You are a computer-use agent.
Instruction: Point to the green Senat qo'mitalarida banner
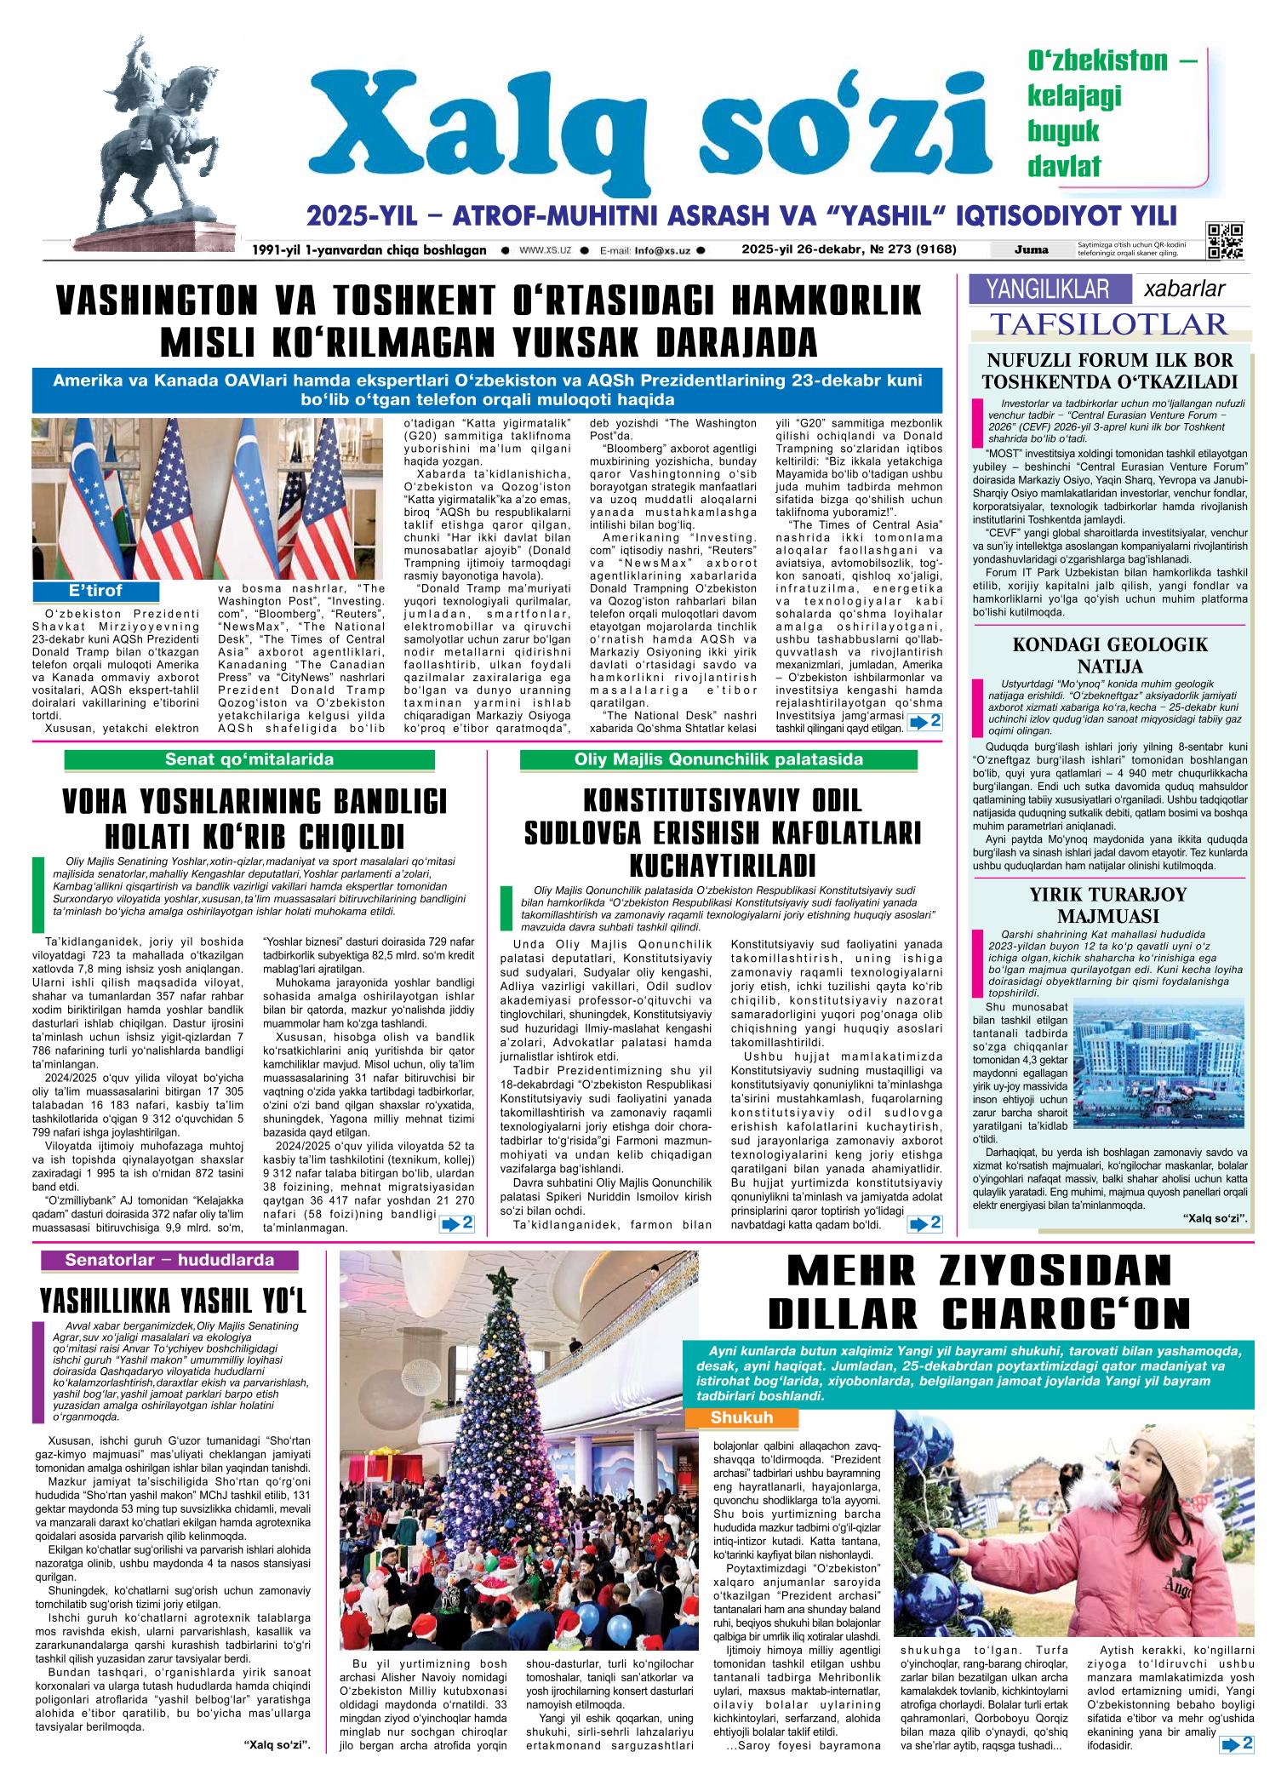[x=249, y=759]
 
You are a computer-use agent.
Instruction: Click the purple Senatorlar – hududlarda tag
[x=169, y=1260]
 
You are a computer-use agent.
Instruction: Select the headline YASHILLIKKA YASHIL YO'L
[x=172, y=1302]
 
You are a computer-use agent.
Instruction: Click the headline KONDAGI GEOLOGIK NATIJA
[x=1110, y=655]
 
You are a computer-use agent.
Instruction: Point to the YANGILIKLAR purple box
[x=1049, y=289]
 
